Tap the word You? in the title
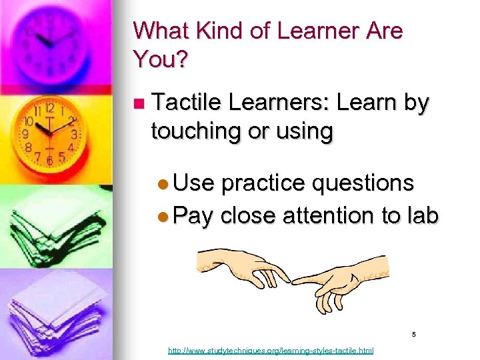(161, 60)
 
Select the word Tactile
(187, 103)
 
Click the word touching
(197, 131)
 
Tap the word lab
(421, 215)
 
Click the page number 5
(413, 335)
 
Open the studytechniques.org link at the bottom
(271, 350)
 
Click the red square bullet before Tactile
(139, 104)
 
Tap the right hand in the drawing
(347, 283)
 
